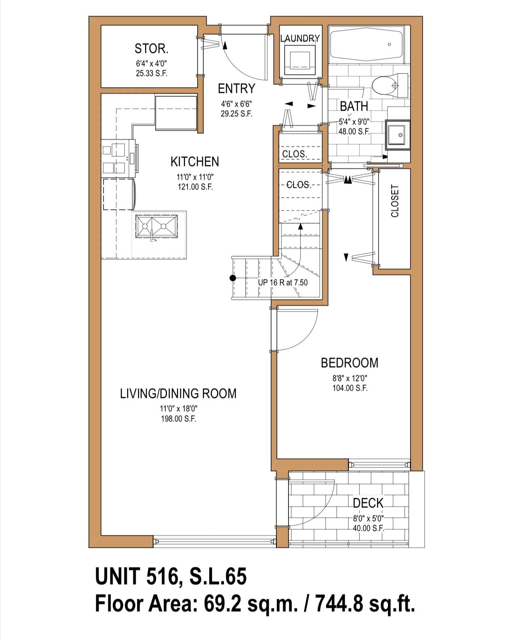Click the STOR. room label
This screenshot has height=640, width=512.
click(x=152, y=48)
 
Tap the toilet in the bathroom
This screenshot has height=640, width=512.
click(x=390, y=86)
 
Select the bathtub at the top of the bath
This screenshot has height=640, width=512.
click(x=367, y=44)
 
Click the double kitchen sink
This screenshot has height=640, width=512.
click(x=156, y=227)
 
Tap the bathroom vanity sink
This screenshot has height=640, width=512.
click(x=398, y=135)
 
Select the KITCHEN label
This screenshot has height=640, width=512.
click(x=195, y=162)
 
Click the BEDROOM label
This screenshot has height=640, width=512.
click(x=350, y=363)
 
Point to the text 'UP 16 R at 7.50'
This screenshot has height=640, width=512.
click(x=282, y=282)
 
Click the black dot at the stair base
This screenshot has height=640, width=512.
click(x=233, y=278)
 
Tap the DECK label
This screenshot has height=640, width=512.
click(x=368, y=503)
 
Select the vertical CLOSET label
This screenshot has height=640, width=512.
click(x=394, y=201)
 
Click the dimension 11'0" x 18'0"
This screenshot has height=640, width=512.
click(x=179, y=408)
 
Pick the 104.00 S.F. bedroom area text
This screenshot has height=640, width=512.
click(x=350, y=388)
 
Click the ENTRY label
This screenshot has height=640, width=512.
click(x=236, y=88)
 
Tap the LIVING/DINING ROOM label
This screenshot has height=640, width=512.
click(x=178, y=394)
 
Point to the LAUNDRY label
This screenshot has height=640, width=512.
click(x=300, y=38)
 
